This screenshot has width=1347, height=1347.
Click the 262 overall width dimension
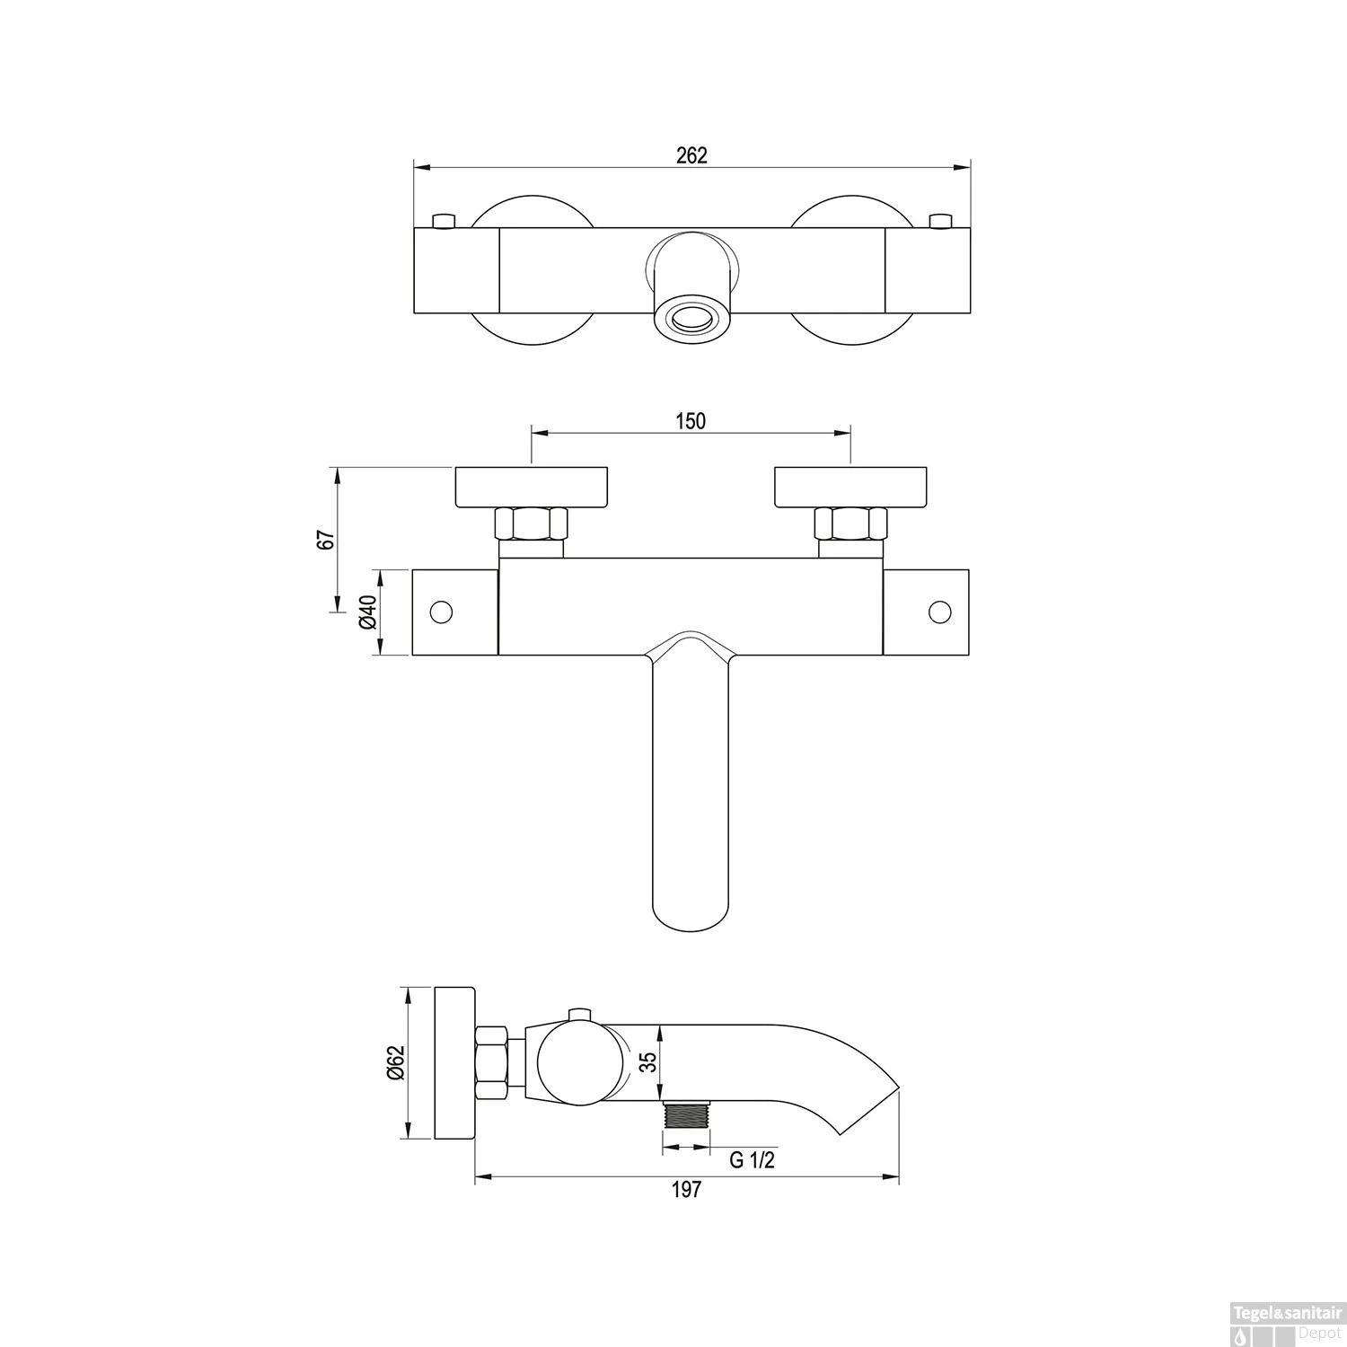[x=691, y=154]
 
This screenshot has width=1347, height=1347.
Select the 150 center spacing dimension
[x=691, y=421]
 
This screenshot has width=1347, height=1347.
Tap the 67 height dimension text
[x=327, y=539]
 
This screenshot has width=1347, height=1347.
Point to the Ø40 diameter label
[x=366, y=612]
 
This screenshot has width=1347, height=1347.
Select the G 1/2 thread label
[x=751, y=1160]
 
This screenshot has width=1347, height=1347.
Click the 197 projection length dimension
[x=686, y=1190]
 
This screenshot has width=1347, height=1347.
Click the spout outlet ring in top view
[x=691, y=318]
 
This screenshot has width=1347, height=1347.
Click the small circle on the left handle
[x=441, y=612]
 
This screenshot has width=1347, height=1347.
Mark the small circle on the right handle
[x=939, y=612]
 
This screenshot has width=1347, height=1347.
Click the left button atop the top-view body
[x=444, y=221]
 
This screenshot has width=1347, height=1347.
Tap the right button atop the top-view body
[x=940, y=221]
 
